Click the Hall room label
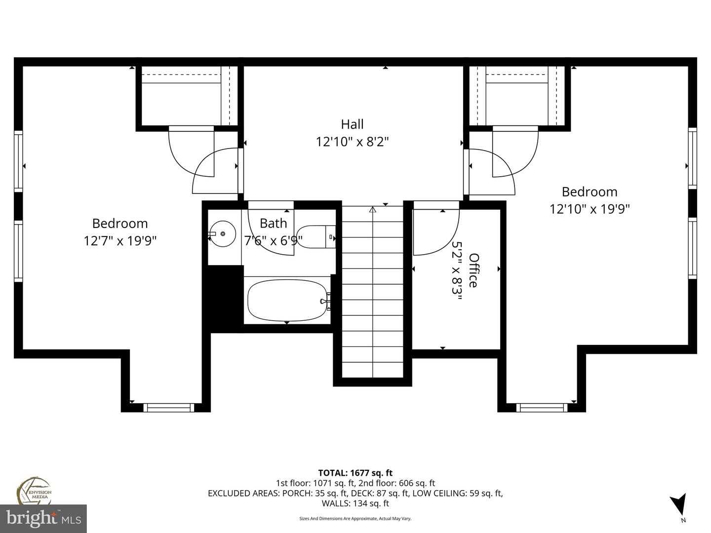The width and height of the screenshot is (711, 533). pos(352,124)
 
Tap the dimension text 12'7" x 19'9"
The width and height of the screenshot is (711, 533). pos(120,241)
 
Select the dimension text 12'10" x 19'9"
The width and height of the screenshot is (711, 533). pos(590,209)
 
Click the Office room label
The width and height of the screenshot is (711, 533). pos(474,270)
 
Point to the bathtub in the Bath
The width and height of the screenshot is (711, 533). pos(287,300)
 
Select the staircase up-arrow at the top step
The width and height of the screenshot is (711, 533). pos(373,210)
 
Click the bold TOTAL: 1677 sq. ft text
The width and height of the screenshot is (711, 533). pos(355,473)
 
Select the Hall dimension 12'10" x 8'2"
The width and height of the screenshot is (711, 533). pos(352,142)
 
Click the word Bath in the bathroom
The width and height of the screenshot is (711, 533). pos(273,223)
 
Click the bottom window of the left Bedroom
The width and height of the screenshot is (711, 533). pos(167,407)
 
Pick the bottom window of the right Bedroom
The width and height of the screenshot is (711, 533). pos(541,407)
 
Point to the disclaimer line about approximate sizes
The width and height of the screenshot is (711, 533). pos(355,519)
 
